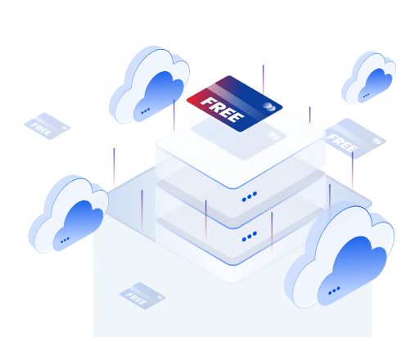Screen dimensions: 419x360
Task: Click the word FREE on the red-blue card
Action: [x=222, y=110]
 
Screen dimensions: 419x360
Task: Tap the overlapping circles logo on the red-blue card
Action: [x=269, y=106]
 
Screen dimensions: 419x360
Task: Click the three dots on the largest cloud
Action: [x=334, y=290]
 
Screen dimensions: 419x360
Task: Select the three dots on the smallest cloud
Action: [x=366, y=95]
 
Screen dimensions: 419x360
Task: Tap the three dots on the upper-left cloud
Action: [x=146, y=110]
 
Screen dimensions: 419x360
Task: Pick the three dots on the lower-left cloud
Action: [x=65, y=240]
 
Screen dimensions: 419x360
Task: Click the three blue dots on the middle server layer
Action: [x=250, y=196]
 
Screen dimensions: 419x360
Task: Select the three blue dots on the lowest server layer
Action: [x=250, y=236]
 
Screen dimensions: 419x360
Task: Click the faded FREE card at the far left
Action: [x=47, y=126]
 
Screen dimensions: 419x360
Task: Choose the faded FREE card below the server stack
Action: [x=142, y=295]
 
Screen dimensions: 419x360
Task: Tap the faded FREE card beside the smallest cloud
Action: [x=354, y=138]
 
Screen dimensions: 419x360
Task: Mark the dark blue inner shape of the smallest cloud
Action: [x=376, y=84]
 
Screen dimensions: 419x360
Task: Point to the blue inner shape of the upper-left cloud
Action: [x=159, y=96]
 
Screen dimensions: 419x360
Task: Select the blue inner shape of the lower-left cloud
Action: [x=79, y=225]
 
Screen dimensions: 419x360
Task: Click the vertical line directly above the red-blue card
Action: [x=264, y=80]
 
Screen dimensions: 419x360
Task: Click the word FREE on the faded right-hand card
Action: [x=342, y=142]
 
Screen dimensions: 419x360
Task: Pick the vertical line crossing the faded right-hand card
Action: [x=352, y=171]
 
